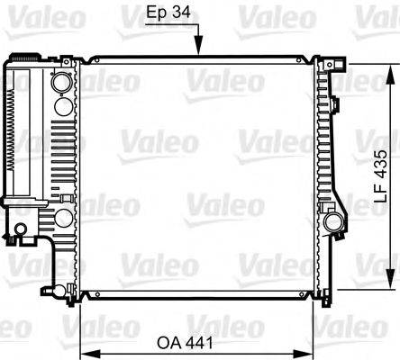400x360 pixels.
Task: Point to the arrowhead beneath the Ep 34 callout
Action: pyautogui.click(x=199, y=52)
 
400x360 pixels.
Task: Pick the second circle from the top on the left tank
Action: pyautogui.click(x=61, y=104)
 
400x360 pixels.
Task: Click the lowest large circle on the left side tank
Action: pyautogui.click(x=62, y=219)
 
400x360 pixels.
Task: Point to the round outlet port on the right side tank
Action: pyautogui.click(x=332, y=220)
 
